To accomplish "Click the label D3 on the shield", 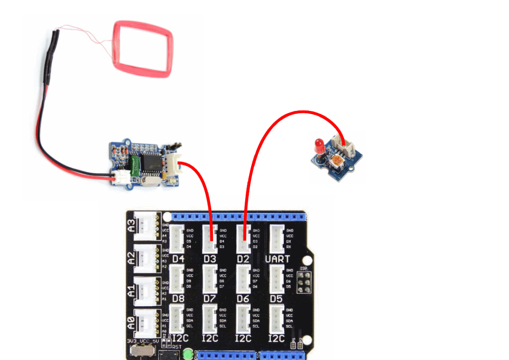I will tap(210, 259).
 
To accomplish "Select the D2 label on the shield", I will tap(243, 259).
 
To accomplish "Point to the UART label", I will tap(277, 259).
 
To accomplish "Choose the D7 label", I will tap(210, 298).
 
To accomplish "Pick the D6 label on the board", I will tap(243, 298).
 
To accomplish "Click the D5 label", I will tap(276, 298).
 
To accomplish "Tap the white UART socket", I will tap(277, 239).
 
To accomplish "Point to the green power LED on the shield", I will tap(188, 352).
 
